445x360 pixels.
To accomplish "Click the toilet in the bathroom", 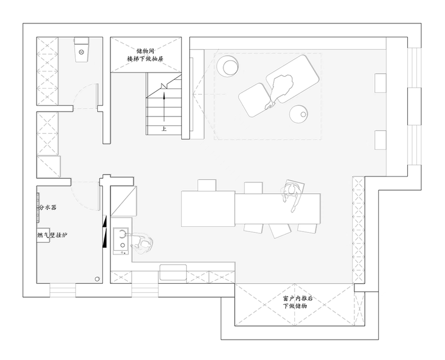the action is [x=82, y=50].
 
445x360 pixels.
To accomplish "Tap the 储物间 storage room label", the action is [x=145, y=52].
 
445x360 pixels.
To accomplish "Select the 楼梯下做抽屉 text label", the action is [x=145, y=59].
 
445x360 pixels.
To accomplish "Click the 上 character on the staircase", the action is [x=164, y=128].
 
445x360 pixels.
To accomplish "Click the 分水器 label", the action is [x=47, y=207].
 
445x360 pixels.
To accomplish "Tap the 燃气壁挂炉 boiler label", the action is [x=52, y=235].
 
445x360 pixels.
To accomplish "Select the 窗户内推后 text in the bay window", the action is [x=298, y=298].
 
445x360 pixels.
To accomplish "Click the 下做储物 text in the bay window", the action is [x=295, y=306].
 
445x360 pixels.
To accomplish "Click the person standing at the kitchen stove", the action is [x=141, y=244].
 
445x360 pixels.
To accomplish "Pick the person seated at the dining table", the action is [x=292, y=196].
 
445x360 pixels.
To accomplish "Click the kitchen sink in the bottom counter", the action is [x=173, y=272].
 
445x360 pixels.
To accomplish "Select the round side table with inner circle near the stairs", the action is [x=228, y=66].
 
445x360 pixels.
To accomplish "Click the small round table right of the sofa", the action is [x=299, y=114].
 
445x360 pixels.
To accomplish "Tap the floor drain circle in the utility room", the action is [x=97, y=279].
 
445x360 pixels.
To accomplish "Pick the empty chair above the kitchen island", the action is [x=207, y=185].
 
